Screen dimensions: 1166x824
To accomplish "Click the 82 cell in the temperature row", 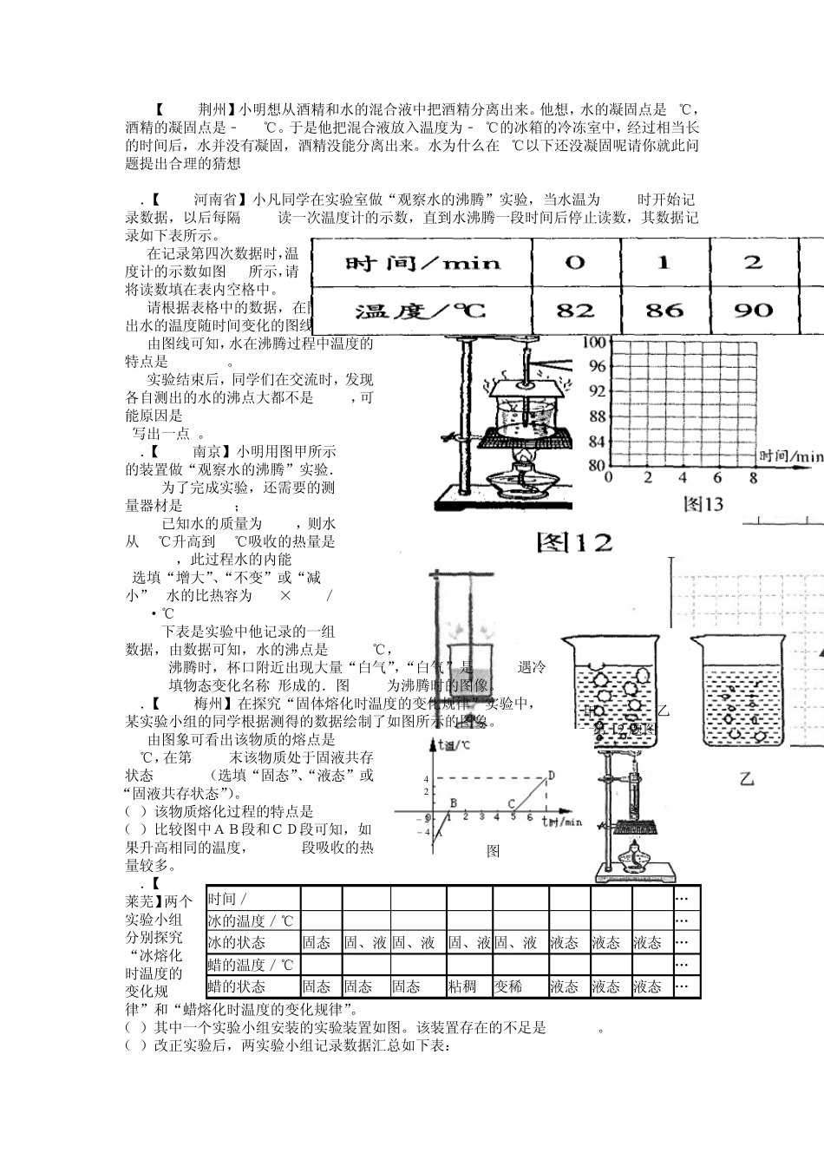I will [574, 310].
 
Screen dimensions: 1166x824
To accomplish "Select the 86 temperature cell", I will [664, 310].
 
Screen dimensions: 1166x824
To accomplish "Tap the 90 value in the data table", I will [752, 310].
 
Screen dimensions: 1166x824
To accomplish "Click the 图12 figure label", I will [574, 543].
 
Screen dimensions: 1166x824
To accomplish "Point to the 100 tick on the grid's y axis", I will [595, 342].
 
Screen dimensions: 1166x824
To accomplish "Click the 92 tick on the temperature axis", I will [596, 391].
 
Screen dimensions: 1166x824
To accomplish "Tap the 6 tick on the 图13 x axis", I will [717, 477].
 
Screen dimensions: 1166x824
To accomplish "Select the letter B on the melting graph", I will [452, 803].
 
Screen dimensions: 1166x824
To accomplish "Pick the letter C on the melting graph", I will [511, 803].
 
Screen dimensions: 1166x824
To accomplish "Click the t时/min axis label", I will [562, 821].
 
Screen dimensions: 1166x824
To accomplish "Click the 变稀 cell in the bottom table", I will [509, 986].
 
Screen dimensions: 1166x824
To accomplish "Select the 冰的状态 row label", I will [237, 942].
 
